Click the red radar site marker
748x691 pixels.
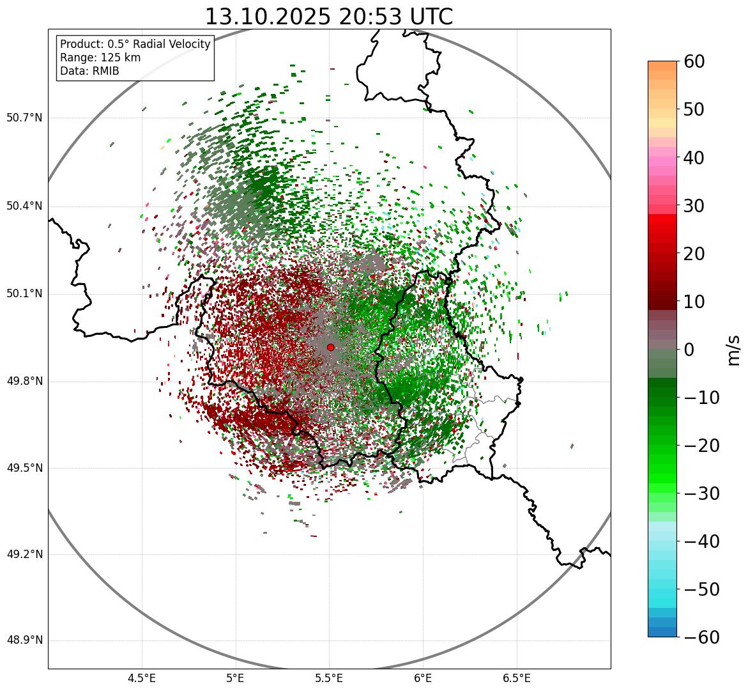tap(330, 347)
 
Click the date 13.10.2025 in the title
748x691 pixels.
tap(268, 17)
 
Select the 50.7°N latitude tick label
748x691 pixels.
tap(24, 118)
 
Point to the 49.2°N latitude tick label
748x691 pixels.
tap(24, 554)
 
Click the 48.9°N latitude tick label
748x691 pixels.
tap(24, 641)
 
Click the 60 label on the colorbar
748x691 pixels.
tap(695, 61)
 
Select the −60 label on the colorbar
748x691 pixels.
tap(701, 637)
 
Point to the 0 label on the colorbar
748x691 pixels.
tap(689, 350)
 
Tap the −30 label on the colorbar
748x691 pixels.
tap(701, 493)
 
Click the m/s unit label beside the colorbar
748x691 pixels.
tap(733, 349)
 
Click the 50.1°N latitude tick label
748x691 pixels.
tap(24, 294)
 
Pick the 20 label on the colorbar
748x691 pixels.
tap(695, 254)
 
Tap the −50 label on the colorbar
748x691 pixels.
tap(701, 589)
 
